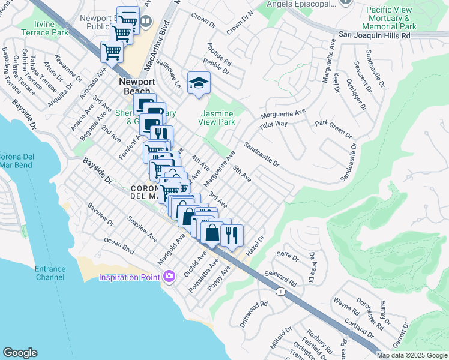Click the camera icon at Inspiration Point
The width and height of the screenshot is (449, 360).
click(169, 276)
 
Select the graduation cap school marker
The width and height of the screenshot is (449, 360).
click(199, 84)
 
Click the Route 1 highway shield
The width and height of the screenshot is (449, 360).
click(280, 291)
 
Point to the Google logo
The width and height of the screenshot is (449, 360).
click(20, 353)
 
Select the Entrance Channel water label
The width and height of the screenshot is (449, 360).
click(50, 273)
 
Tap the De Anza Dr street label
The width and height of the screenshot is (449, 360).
click(312, 267)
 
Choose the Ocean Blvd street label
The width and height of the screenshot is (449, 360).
click(119, 245)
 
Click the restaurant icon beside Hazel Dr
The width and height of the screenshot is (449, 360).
click(231, 235)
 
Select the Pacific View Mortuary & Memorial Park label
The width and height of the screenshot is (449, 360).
click(391, 18)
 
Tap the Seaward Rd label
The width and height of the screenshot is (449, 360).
click(284, 277)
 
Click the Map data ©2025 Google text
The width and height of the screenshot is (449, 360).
click(412, 355)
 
